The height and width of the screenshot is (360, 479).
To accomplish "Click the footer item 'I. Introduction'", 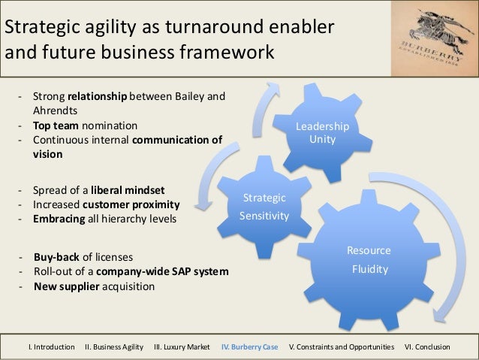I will (x=51, y=347).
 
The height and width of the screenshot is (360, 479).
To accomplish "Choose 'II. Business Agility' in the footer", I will (x=116, y=347).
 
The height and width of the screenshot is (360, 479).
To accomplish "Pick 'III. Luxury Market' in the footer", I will (x=182, y=347).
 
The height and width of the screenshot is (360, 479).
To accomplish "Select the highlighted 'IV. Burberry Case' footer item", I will (x=250, y=347).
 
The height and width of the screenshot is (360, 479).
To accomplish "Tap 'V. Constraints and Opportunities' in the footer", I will (x=341, y=347).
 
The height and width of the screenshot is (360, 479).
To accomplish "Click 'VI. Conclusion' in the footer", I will (x=427, y=347).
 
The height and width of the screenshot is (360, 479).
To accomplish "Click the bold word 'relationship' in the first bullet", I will (x=98, y=97).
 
